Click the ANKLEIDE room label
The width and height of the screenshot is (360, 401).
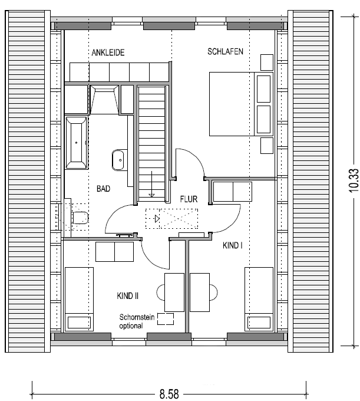(108, 52)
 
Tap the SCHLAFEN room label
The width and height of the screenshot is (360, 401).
(225, 52)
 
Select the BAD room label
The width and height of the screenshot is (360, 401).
(103, 189)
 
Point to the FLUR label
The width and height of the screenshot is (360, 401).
(189, 199)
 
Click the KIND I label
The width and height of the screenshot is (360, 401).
(233, 245)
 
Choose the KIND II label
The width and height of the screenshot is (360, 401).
(127, 296)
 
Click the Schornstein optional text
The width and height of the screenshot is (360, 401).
(137, 321)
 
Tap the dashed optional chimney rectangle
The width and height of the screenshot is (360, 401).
(166, 319)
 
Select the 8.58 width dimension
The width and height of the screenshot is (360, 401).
(169, 394)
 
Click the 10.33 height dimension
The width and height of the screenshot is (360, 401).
(354, 180)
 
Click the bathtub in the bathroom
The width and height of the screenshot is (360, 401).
(77, 143)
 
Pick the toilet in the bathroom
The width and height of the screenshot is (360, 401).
(80, 218)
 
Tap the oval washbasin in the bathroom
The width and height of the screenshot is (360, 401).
(118, 160)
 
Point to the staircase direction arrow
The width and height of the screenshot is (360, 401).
(152, 184)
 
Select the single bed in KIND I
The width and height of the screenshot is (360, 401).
(259, 299)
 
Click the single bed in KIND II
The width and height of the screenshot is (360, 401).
(79, 299)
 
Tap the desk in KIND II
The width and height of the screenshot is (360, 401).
(174, 292)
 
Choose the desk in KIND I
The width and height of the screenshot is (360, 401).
(200, 292)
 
